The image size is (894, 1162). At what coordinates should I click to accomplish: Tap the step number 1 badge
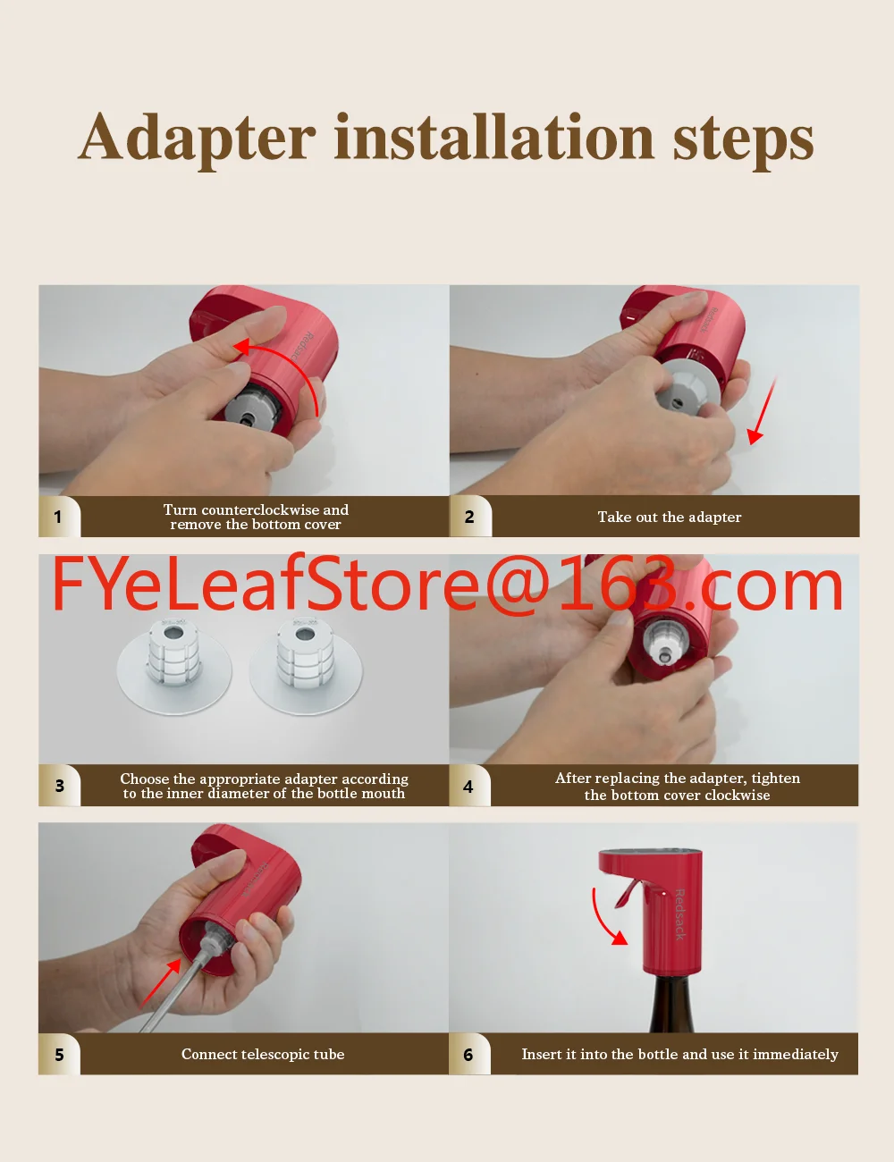59,517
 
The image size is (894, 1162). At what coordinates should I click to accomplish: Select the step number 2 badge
470,517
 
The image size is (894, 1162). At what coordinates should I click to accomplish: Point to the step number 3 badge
59,786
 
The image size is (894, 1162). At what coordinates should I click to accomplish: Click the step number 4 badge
469,786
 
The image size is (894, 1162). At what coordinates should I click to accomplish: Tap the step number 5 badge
59,1055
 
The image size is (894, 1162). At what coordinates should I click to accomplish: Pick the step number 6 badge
469,1055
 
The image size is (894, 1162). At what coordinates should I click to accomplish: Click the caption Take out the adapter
670,518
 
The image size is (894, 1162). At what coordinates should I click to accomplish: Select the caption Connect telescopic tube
263,1054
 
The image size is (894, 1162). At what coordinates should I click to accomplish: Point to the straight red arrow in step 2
762,410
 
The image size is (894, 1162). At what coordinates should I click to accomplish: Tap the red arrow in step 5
160,984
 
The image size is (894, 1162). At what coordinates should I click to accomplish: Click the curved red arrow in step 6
602,921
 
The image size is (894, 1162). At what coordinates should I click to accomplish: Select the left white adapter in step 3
174,665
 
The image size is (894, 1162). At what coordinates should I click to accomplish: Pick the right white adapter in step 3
306,665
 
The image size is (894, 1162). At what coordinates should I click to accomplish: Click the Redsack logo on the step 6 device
679,914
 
